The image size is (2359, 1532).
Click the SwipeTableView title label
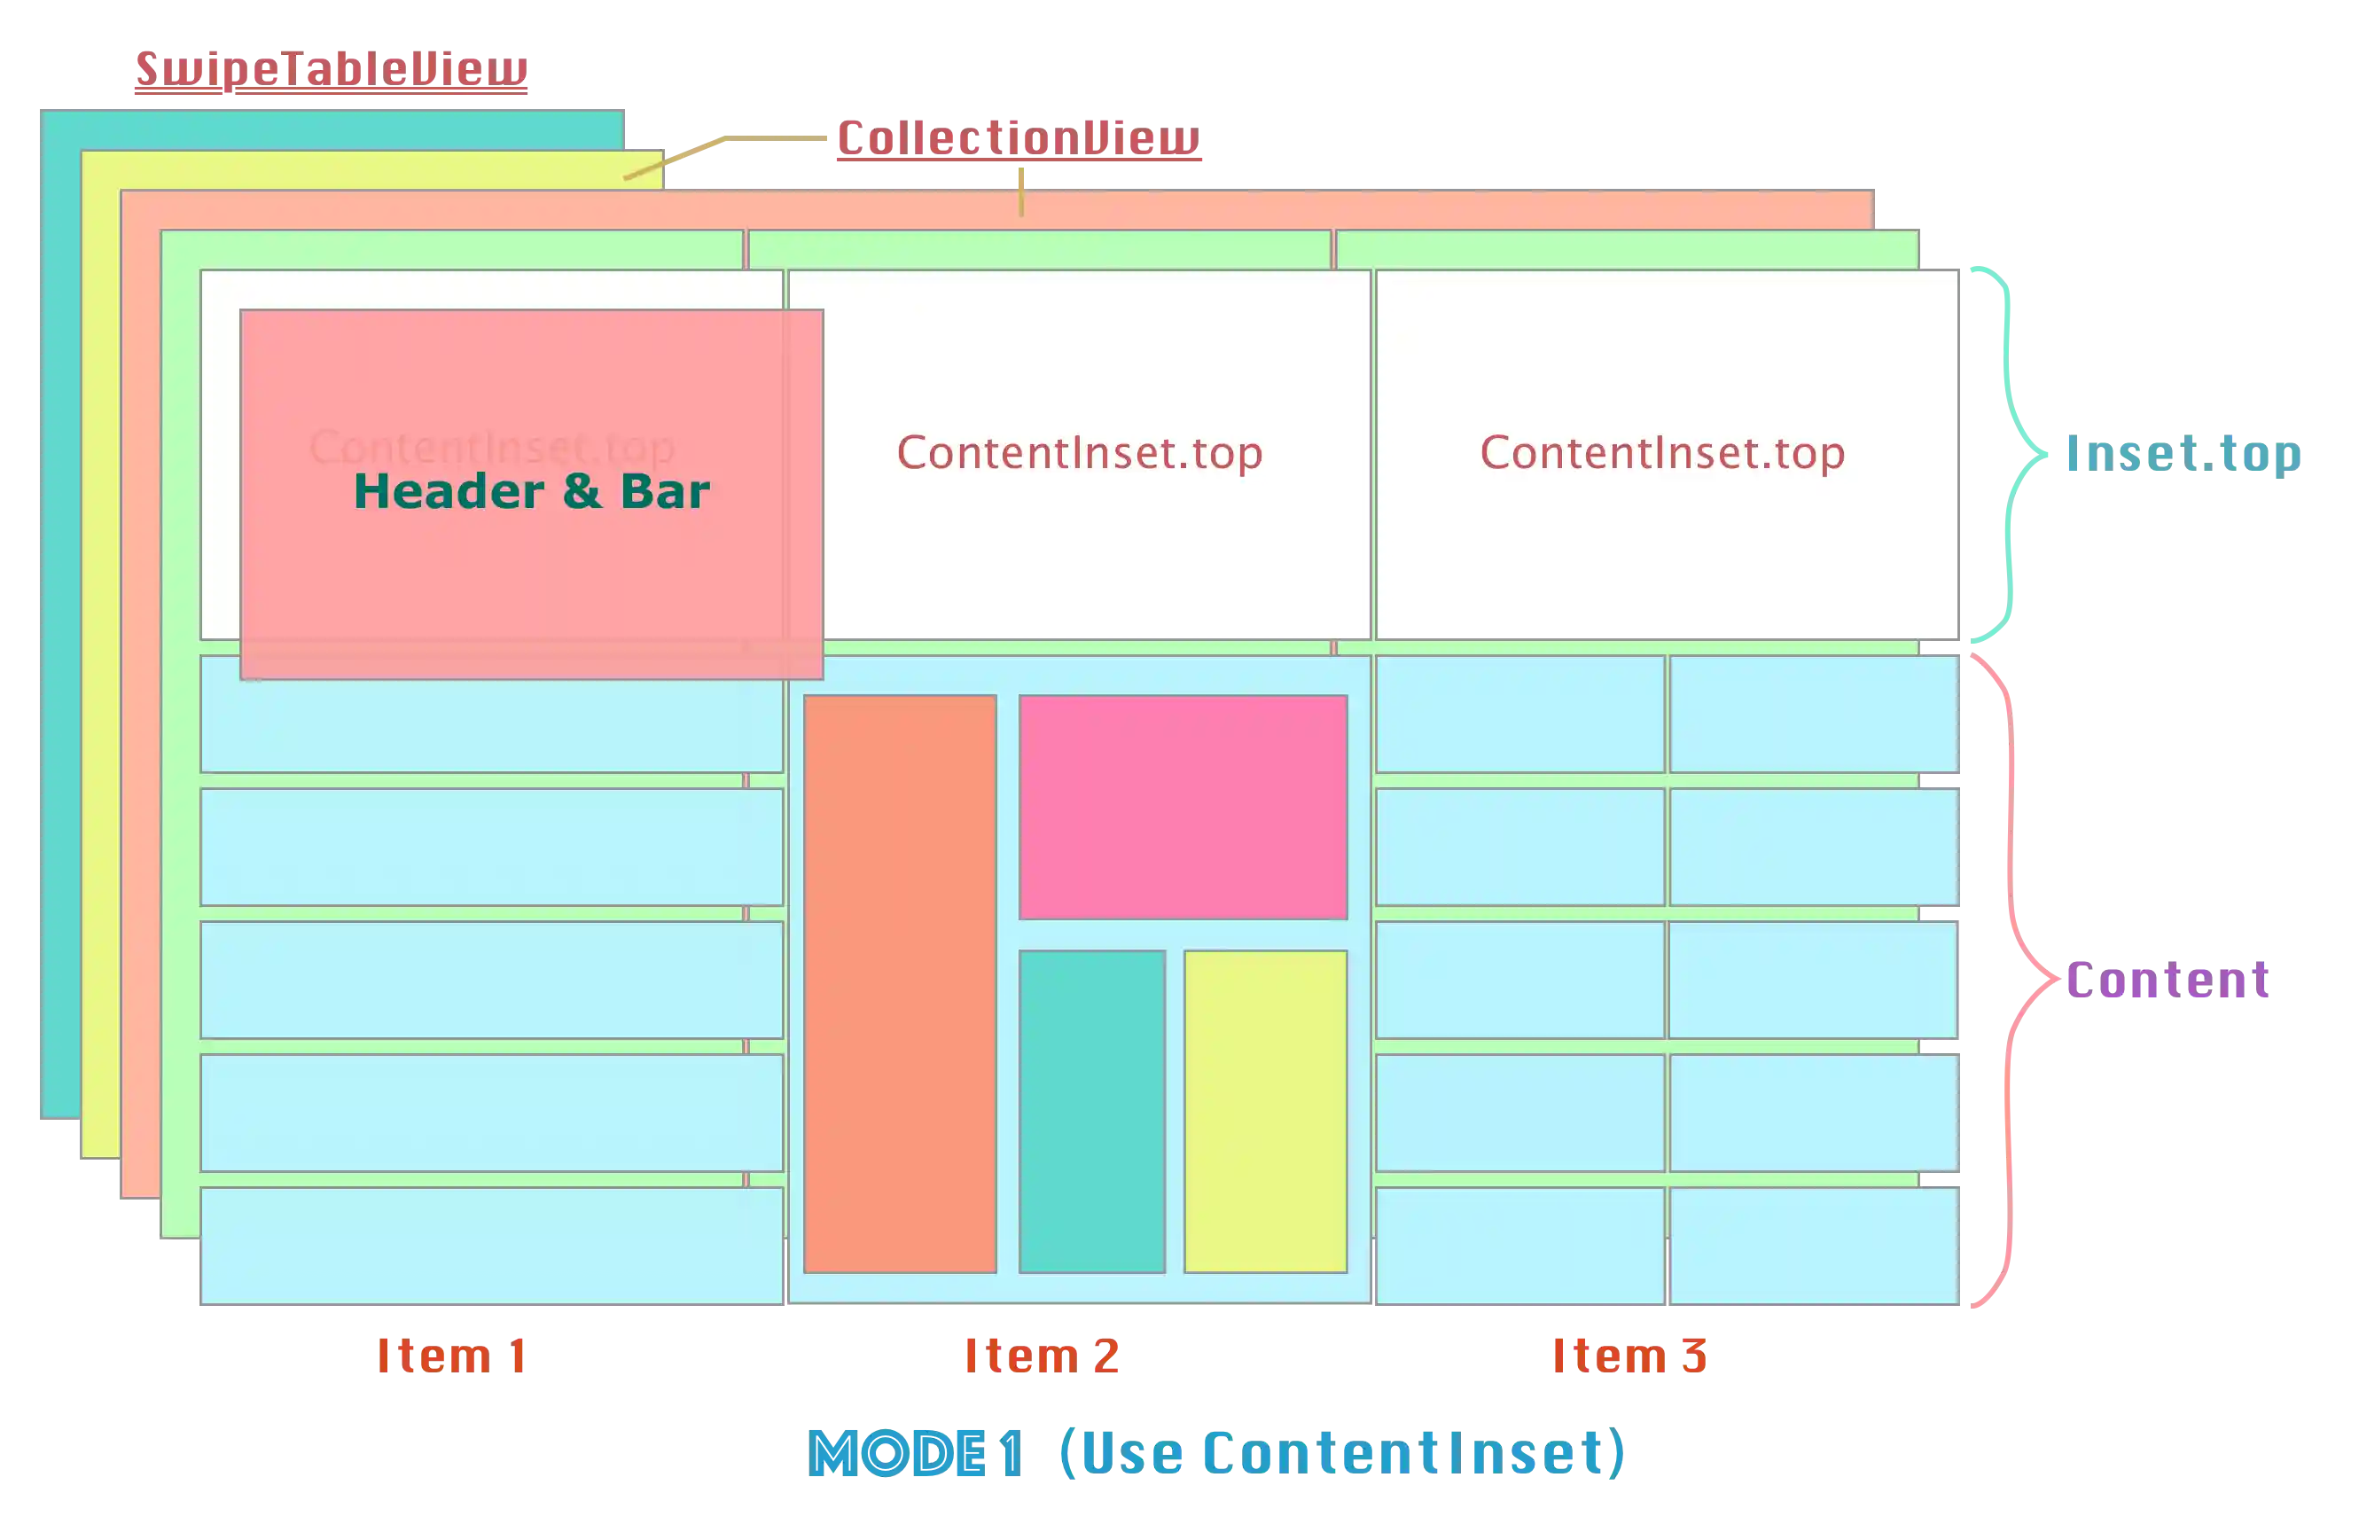tap(330, 69)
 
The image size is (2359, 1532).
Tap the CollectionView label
tap(1017, 137)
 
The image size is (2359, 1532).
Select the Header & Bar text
tap(531, 491)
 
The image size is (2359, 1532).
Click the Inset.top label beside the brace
tap(2183, 455)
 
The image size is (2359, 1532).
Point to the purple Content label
tap(2167, 980)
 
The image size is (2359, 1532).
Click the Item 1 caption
tap(451, 1356)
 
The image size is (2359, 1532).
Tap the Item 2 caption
tap(1041, 1356)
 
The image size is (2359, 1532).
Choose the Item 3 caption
tap(1630, 1356)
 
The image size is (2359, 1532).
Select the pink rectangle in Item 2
tap(1183, 807)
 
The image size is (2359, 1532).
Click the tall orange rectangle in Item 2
tap(899, 983)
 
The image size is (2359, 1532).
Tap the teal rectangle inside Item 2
tap(1091, 1111)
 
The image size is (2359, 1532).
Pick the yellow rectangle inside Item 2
tap(1265, 1111)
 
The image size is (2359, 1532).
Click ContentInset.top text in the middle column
tap(1080, 453)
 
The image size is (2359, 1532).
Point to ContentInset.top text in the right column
tap(1662, 453)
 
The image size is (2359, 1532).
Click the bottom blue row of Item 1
tap(492, 1246)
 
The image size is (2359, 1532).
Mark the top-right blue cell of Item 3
tap(1813, 714)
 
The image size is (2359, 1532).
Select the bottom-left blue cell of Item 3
tap(1519, 1246)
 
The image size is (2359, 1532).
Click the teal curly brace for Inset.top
tap(2012, 454)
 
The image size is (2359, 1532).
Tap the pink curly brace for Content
tap(2012, 979)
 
